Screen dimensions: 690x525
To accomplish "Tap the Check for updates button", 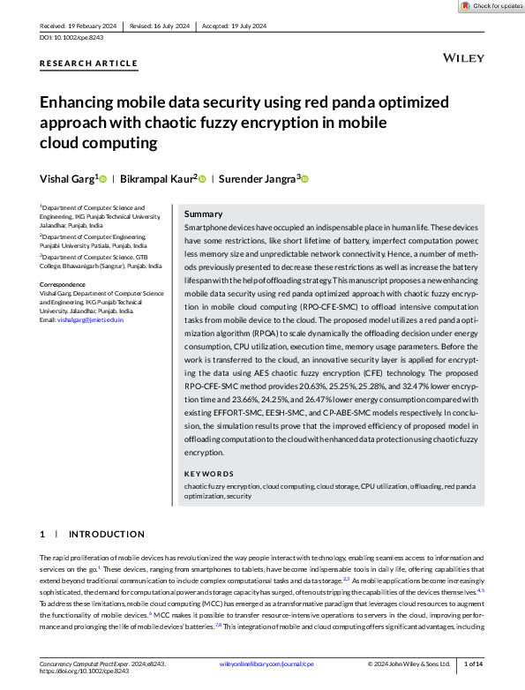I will click(x=491, y=6).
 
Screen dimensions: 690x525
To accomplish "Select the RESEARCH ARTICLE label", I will click(x=89, y=64).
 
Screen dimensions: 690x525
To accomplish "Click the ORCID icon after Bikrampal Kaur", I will click(x=202, y=179).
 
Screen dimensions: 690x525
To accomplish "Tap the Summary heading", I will click(x=203, y=214).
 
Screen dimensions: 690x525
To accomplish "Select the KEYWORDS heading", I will click(x=209, y=473).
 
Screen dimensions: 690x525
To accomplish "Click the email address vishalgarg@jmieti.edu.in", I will click(x=90, y=319).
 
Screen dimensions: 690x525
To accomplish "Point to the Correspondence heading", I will click(x=65, y=283).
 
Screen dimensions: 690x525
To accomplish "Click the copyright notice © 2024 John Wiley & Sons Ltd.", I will click(x=409, y=663).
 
